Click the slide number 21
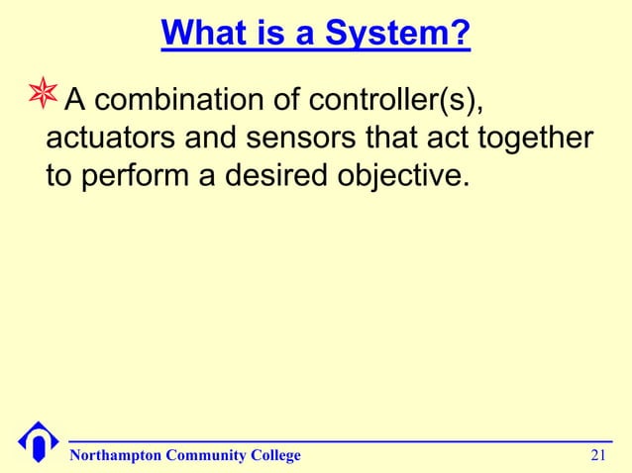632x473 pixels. click(597, 455)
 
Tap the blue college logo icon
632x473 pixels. click(36, 442)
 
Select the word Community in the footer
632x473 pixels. click(208, 455)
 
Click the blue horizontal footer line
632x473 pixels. click(337, 441)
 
